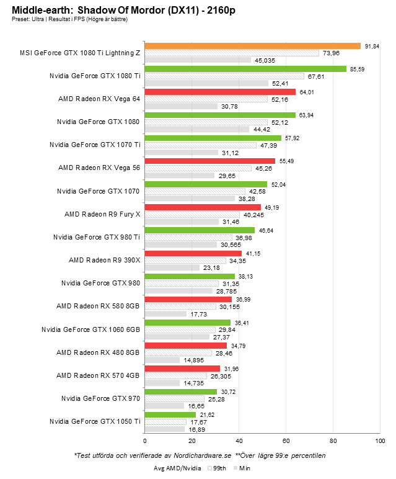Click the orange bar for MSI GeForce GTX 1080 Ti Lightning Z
coord(252,46)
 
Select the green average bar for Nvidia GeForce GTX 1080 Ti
coord(245,69)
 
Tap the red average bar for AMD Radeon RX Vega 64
coord(219,92)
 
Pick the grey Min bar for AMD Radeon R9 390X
coord(172,267)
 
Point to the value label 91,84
coord(372,46)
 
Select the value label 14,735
coord(192,383)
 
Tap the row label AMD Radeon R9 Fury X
coord(102,214)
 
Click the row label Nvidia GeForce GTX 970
coord(100,398)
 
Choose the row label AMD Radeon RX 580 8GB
coord(98,306)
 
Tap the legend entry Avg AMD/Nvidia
coord(178,469)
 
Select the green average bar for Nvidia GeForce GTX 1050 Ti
coord(170,414)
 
